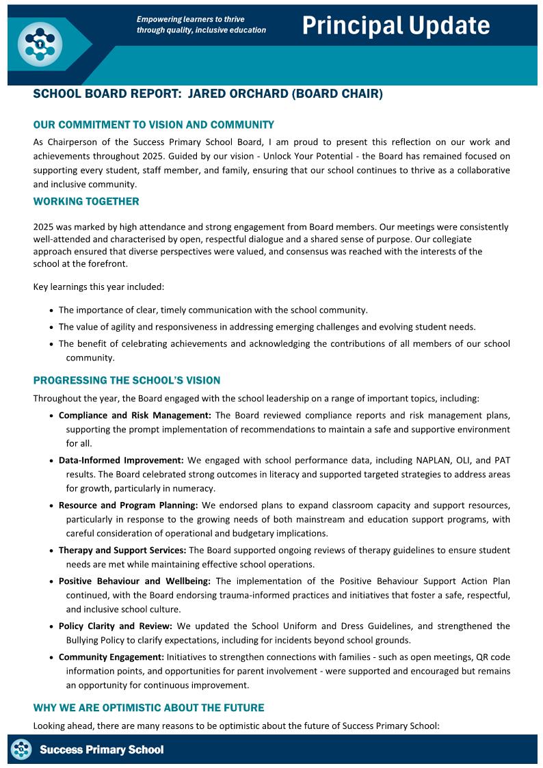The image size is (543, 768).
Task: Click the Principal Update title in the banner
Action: [x=396, y=26]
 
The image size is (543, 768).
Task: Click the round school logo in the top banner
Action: [x=40, y=42]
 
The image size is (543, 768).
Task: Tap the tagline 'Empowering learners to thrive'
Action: [x=190, y=19]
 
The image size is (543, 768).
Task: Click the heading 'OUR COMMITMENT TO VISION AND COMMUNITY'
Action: [x=153, y=125]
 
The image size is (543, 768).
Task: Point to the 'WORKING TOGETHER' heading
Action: [x=86, y=202]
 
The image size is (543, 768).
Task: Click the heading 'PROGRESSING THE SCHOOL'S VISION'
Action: [x=127, y=380]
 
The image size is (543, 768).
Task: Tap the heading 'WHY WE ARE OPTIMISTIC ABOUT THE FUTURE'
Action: [x=148, y=707]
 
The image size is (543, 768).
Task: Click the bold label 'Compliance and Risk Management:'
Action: [x=135, y=415]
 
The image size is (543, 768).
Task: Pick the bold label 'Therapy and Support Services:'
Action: [x=122, y=550]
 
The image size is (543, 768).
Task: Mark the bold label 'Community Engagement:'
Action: [x=111, y=657]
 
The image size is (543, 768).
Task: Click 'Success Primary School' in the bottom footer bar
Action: [x=102, y=750]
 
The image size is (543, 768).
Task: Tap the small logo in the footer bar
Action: [x=22, y=750]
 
